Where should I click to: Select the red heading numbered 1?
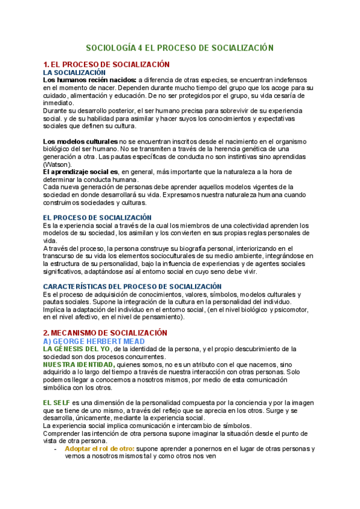tap(106, 64)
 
